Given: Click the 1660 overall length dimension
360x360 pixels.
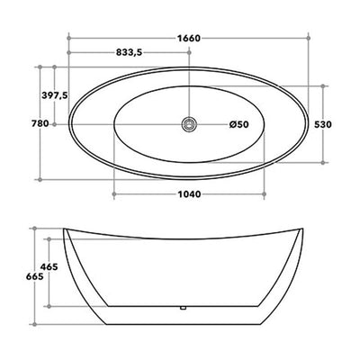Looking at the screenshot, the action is [x=188, y=39].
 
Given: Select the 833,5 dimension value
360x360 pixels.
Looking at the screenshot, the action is [x=129, y=52].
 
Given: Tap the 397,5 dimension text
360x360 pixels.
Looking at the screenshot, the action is [x=55, y=95].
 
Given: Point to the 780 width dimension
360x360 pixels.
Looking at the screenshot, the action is [x=40, y=123].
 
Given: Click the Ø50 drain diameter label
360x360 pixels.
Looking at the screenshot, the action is [x=239, y=124].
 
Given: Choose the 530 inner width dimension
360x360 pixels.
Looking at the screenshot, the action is [x=323, y=124].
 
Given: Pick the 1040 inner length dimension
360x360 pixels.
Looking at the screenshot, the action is [x=189, y=194].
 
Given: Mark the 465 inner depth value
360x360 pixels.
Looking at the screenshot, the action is [x=49, y=266].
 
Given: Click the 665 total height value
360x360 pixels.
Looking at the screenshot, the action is [x=34, y=276].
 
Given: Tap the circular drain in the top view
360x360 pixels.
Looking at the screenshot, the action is [x=189, y=124].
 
